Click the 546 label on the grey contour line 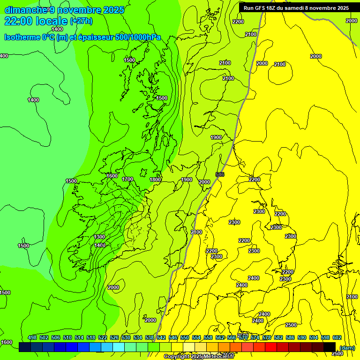click(220, 174)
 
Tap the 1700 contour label click(127, 179)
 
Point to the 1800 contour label click(156, 179)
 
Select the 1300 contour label click(99, 237)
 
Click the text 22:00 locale click(37, 21)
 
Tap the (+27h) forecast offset click(81, 21)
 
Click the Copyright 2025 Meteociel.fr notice click(199, 357)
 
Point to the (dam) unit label click(347, 348)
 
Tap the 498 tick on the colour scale click(32, 337)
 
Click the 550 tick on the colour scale click(185, 337)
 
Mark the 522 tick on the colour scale click(103, 337)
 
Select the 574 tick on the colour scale click(255, 337)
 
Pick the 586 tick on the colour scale click(290, 337)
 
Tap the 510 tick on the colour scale click(67, 337)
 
